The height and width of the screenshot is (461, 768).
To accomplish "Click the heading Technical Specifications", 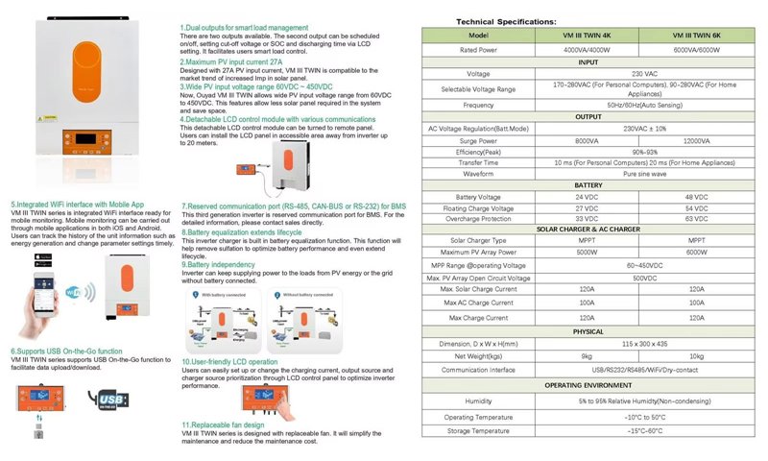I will pos(505,20).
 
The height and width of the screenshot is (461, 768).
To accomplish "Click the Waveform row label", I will pos(478,174).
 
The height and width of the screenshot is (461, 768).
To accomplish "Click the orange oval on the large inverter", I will pos(95,69).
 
